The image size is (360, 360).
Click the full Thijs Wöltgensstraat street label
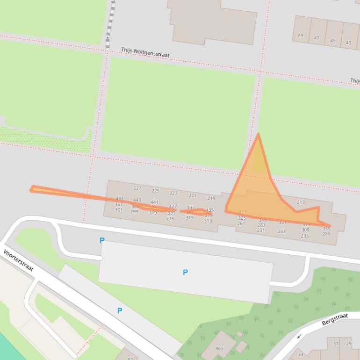145,52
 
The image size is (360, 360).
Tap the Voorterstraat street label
19,260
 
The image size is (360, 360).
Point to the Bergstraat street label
335,320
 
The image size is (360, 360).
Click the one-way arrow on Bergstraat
299,336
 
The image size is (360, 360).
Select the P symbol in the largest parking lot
186,273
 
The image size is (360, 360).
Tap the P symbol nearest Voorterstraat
120,310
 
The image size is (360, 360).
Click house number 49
301,36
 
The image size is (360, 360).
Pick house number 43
348,43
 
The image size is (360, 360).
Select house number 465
219,348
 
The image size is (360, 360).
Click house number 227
137,188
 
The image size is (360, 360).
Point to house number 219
211,199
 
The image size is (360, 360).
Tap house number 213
301,202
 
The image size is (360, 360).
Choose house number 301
119,210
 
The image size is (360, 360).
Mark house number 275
170,219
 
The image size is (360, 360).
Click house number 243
281,231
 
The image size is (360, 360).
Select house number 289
326,234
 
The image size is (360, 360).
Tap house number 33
301,354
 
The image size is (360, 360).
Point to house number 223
173,193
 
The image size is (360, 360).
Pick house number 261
241,223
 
